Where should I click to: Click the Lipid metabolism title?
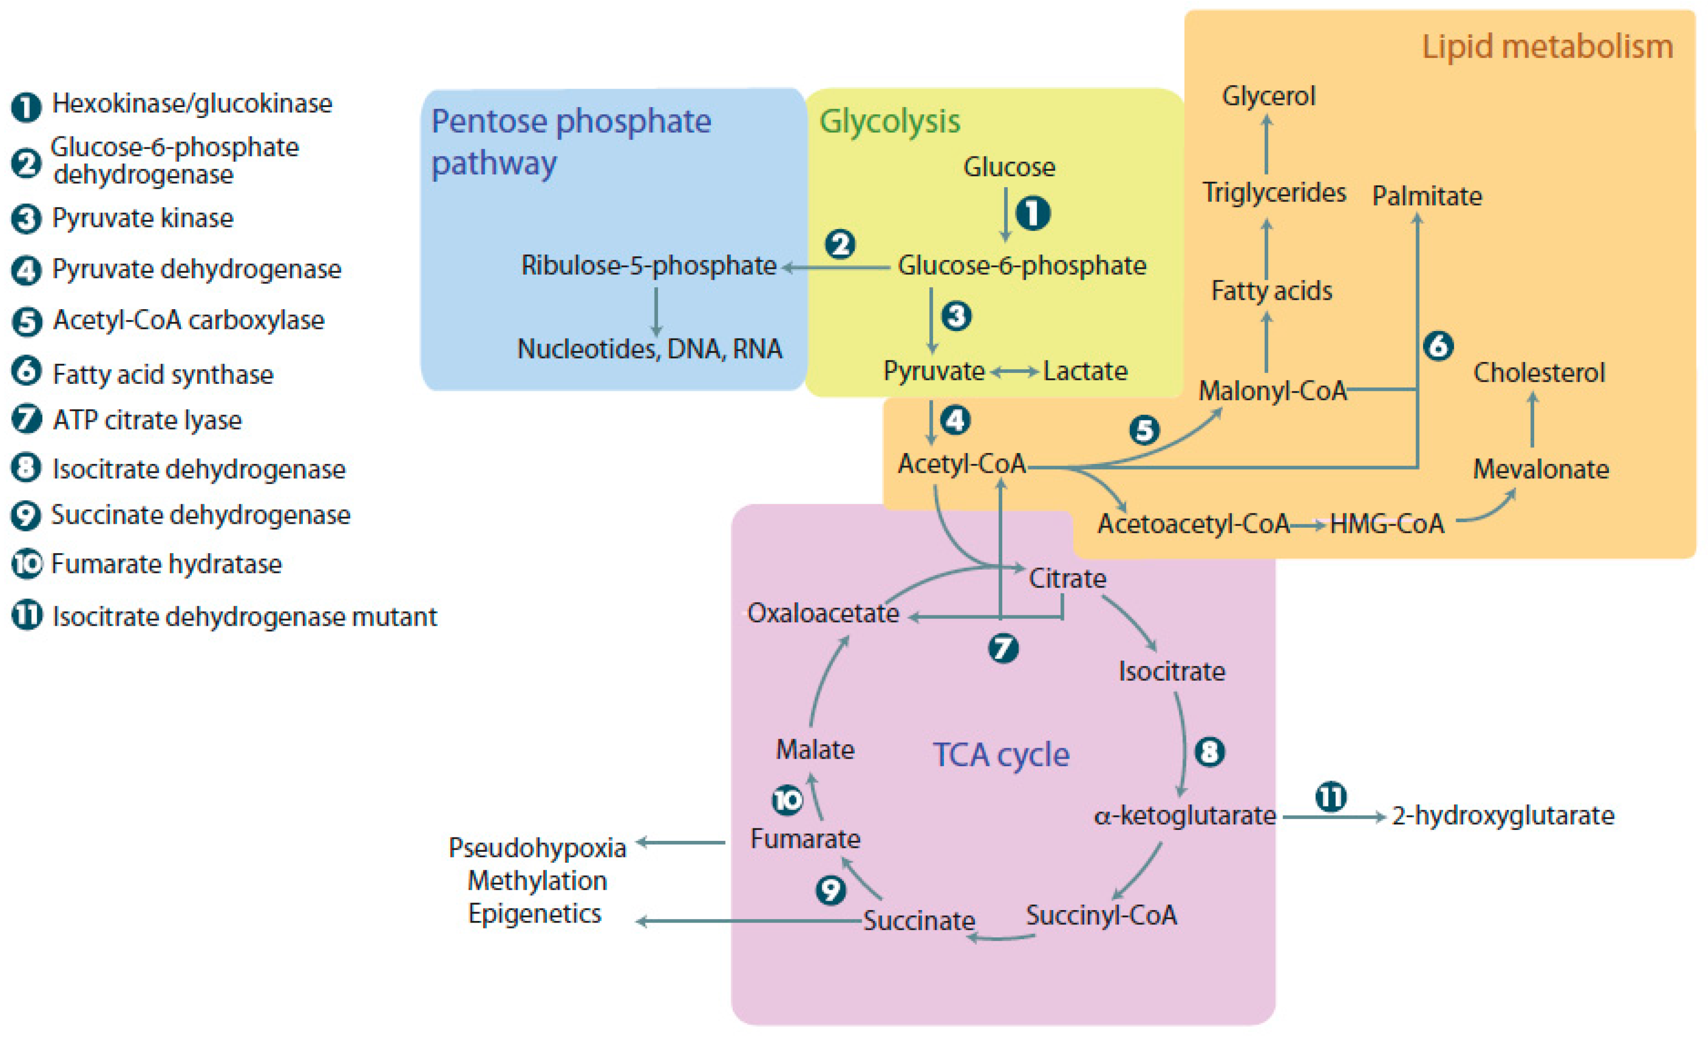click(x=1547, y=47)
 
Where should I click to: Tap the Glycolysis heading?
click(x=889, y=122)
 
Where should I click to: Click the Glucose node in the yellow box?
click(x=1009, y=167)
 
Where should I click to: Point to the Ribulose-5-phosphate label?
click(x=648, y=265)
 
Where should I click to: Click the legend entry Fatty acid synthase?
click(x=163, y=375)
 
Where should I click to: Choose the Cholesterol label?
click(x=1538, y=373)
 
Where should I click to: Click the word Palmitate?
click(x=1427, y=196)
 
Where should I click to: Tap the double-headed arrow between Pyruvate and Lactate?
click(x=1014, y=372)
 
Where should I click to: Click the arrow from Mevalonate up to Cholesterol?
click(x=1532, y=421)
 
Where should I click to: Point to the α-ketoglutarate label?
click(x=1184, y=815)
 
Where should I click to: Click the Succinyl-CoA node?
click(x=1101, y=916)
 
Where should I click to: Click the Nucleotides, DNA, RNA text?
click(x=650, y=349)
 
